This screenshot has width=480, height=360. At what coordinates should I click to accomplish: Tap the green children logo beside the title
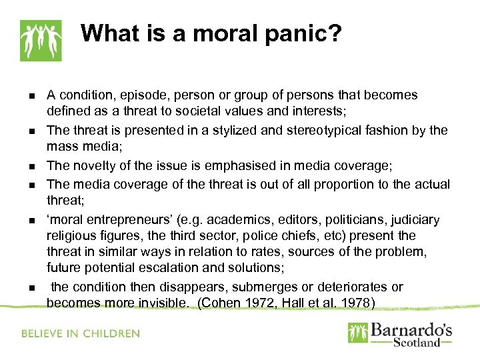[40, 40]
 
